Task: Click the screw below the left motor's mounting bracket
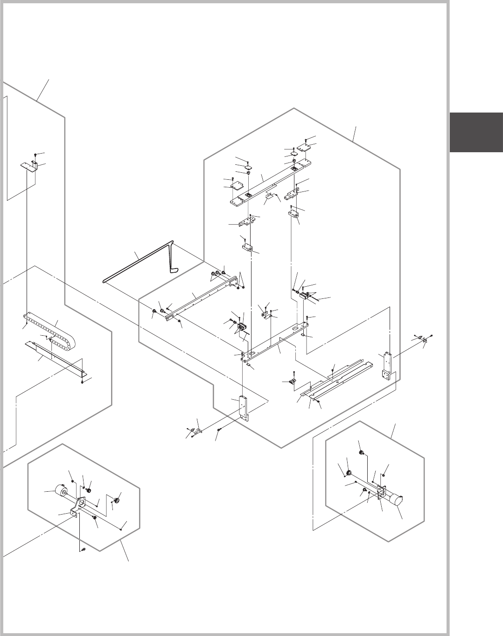[x=82, y=550]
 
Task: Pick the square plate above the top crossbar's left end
[x=239, y=186]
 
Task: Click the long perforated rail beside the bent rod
[x=198, y=299]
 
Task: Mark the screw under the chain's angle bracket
[x=82, y=382]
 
